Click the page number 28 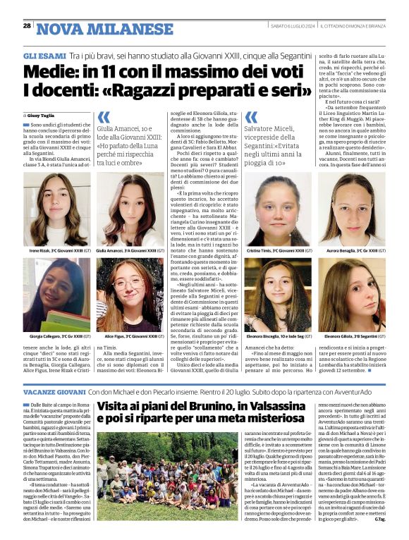point(27,26)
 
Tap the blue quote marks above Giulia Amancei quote point(104,117)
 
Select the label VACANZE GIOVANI point(54,391)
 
